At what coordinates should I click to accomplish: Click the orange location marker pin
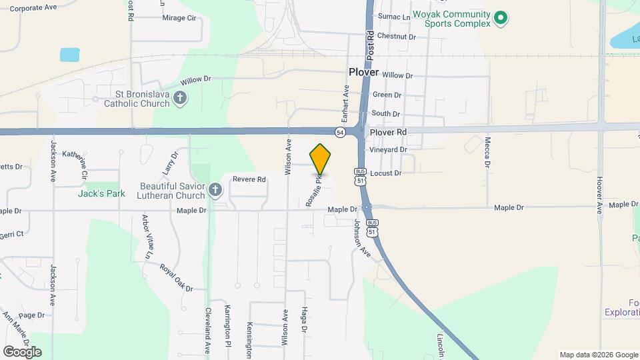click(x=320, y=159)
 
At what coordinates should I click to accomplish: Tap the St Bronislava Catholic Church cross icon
click(x=179, y=99)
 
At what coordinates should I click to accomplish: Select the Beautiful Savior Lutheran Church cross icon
click(x=215, y=191)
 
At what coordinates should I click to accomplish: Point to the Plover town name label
click(x=363, y=72)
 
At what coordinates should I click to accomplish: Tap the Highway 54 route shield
click(x=341, y=132)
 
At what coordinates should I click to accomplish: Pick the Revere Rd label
click(x=249, y=179)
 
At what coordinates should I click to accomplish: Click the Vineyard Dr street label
click(x=389, y=150)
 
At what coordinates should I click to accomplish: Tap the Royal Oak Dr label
click(x=176, y=277)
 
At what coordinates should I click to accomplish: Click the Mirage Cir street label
click(x=179, y=18)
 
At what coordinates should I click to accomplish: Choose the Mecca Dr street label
click(x=487, y=152)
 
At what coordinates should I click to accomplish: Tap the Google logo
click(x=22, y=352)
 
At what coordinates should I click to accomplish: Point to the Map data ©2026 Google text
click(x=598, y=355)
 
